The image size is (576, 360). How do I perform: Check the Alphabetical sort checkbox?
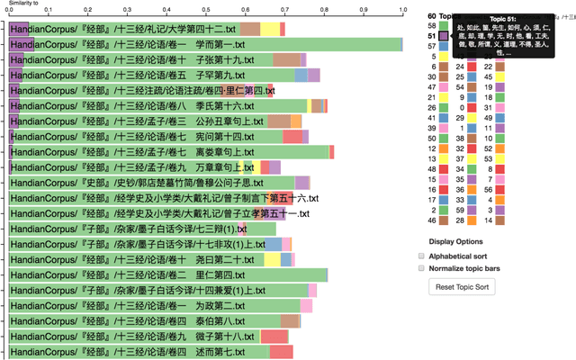[x=421, y=256]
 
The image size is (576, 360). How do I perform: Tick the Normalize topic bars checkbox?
[x=421, y=268]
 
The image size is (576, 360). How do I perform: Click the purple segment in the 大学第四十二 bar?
[x=18, y=30]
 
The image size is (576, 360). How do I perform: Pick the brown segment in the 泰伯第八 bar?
[x=290, y=320]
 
